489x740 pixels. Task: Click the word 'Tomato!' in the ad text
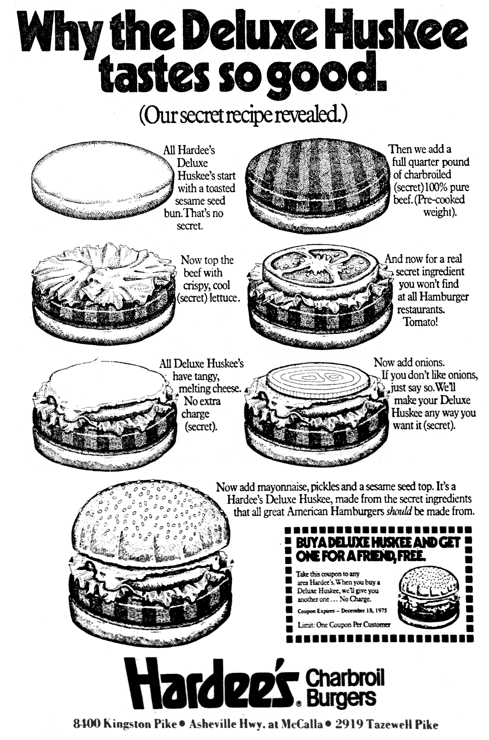coord(421,321)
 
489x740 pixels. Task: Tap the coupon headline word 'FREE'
coord(412,556)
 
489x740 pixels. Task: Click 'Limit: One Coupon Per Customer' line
coord(344,625)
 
